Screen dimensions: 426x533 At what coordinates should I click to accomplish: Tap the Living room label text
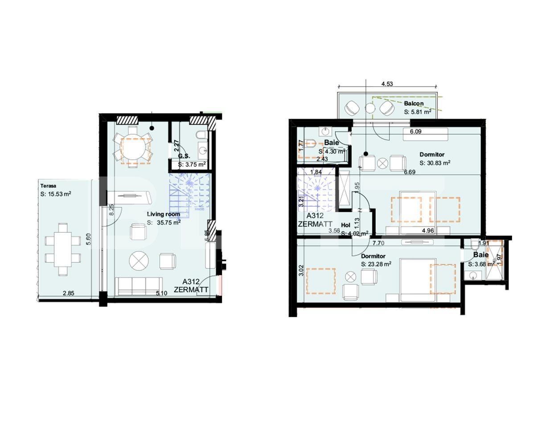[x=164, y=215]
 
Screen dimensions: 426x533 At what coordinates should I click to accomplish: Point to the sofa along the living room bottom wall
[x=138, y=285]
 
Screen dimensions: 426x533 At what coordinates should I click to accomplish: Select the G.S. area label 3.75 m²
[x=192, y=164]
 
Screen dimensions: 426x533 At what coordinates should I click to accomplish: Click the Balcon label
[x=414, y=103]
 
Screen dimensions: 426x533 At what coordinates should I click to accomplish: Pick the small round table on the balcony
[x=370, y=108]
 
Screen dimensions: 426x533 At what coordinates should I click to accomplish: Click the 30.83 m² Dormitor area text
[x=435, y=163]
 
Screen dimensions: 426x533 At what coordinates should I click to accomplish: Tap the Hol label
[x=345, y=226]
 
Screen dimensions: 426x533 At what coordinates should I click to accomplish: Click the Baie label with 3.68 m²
[x=481, y=255]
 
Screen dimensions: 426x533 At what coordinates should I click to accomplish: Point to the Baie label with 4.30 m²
[x=332, y=142]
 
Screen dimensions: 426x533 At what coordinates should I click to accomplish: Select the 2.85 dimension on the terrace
[x=68, y=293]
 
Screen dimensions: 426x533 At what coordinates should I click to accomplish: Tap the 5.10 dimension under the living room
[x=161, y=293]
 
